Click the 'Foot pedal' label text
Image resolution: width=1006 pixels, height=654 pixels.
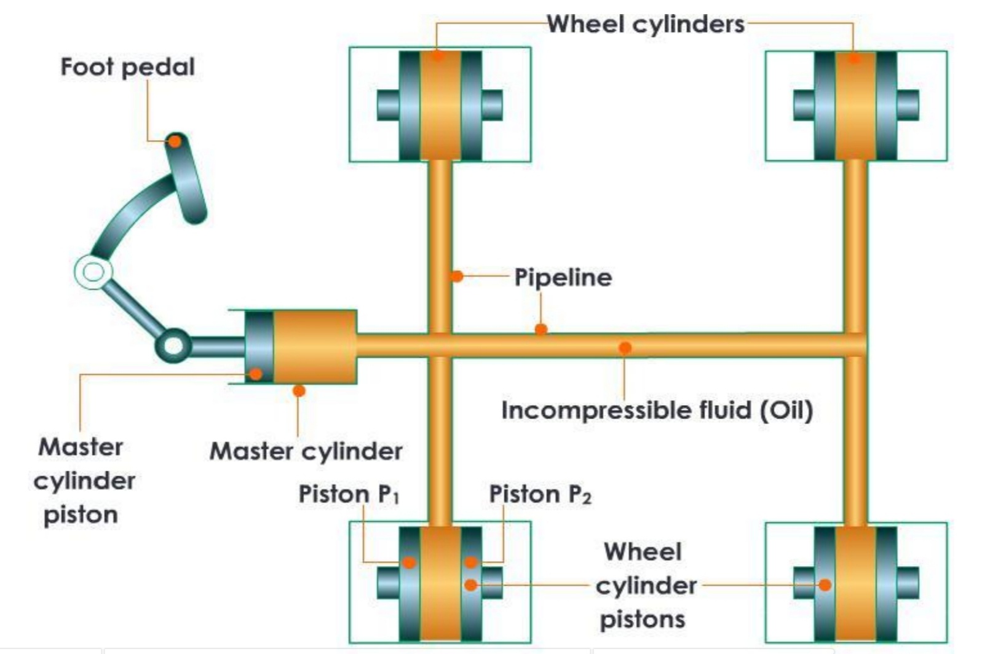(127, 67)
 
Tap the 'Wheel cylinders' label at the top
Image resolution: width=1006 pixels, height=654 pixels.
(646, 25)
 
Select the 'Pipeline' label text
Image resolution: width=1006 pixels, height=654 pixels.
(563, 277)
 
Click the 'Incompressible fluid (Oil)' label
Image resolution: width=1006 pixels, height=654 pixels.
(657, 410)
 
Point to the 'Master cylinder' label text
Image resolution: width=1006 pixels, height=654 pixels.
(306, 451)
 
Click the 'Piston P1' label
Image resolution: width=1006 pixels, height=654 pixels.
(349, 494)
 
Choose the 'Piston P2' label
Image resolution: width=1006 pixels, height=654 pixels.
(540, 494)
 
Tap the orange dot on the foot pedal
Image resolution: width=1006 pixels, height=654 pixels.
(175, 141)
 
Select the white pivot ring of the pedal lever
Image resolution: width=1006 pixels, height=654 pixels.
(93, 272)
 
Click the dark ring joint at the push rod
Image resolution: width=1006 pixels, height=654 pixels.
(173, 345)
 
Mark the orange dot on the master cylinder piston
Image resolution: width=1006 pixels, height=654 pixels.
(256, 373)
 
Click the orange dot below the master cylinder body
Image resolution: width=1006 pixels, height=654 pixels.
(299, 390)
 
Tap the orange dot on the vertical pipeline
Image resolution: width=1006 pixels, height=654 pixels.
(456, 276)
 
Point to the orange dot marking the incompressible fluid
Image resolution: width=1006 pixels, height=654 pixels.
(625, 348)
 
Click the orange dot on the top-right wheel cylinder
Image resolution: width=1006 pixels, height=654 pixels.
(854, 58)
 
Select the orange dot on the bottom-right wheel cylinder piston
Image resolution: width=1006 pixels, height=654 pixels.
(825, 585)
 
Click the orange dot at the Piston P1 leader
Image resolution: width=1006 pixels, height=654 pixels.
(409, 562)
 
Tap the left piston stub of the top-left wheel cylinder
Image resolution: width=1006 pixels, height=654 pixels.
(388, 104)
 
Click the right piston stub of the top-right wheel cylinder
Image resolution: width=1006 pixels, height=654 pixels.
(908, 104)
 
